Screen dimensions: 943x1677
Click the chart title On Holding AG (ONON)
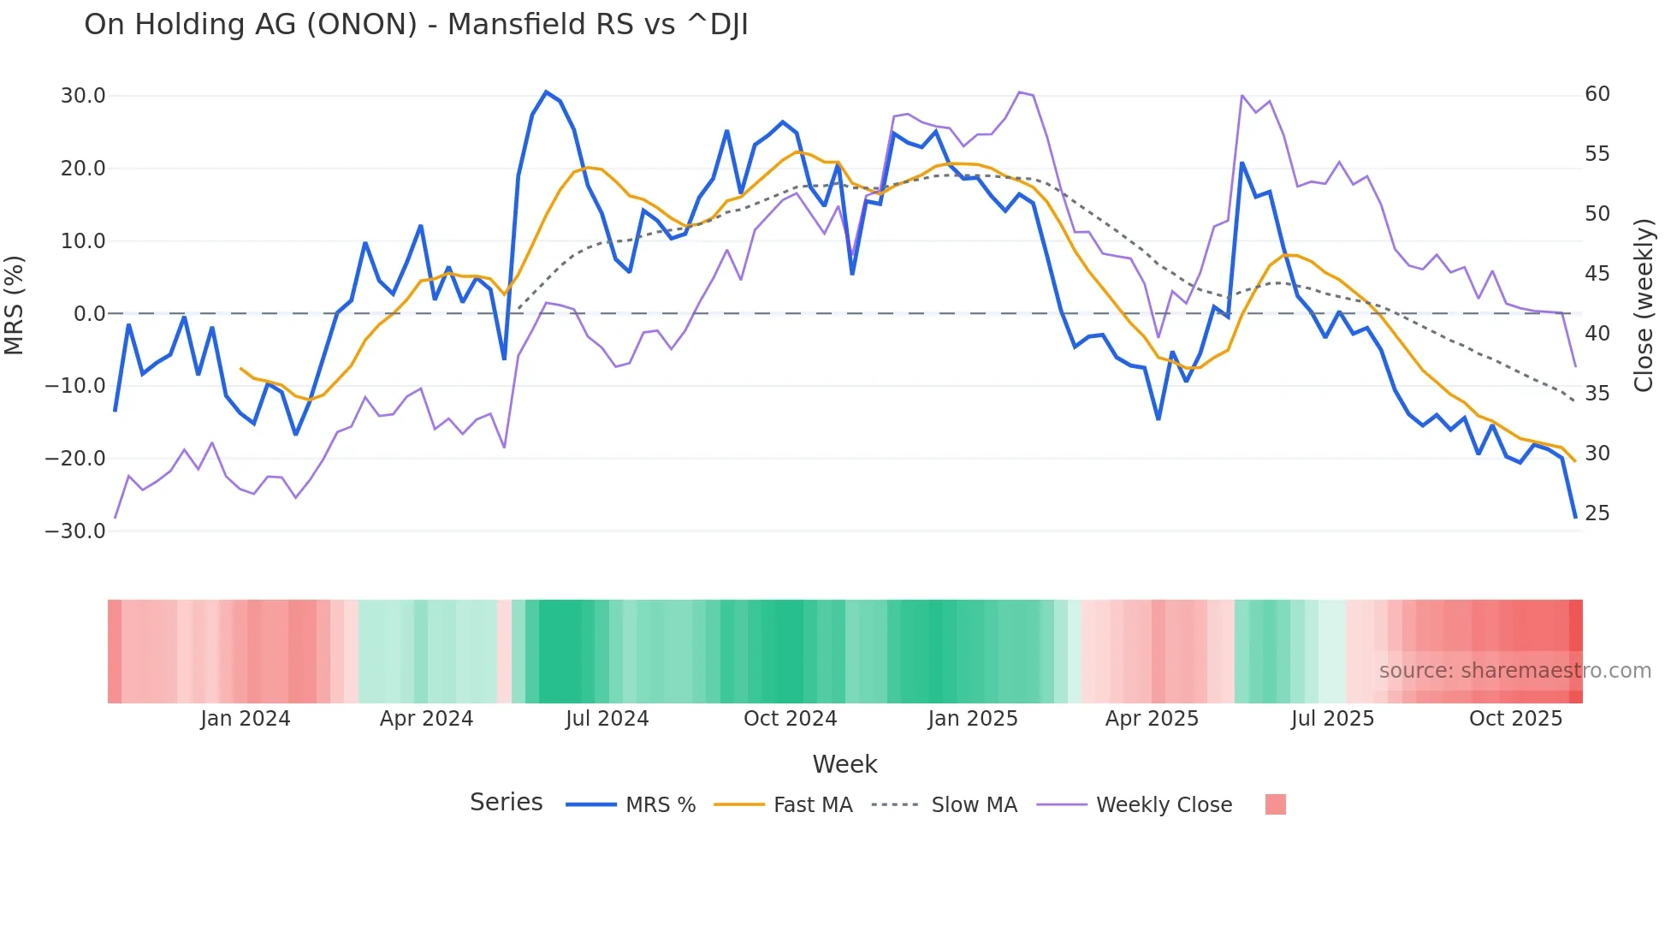[x=416, y=25]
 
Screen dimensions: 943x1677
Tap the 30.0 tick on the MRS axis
[x=83, y=96]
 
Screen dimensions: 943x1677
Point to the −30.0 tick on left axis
[x=76, y=531]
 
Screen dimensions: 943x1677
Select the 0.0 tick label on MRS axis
[x=90, y=314]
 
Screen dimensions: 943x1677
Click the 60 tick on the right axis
[x=1597, y=94]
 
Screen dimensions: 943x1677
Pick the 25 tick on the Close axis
[x=1597, y=513]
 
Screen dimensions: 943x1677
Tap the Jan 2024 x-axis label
[x=246, y=719]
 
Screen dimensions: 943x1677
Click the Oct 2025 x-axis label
[x=1515, y=719]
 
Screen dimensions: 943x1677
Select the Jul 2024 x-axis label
[x=607, y=719]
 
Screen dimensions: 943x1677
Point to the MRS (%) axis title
[x=15, y=305]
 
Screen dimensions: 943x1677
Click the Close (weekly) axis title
[x=1644, y=305]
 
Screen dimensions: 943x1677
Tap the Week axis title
[x=844, y=764]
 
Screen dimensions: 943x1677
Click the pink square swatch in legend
[x=1275, y=804]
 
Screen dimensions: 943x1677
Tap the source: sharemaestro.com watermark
[x=1514, y=671]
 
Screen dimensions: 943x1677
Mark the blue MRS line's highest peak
[x=546, y=92]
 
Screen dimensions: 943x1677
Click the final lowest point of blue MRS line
[x=1575, y=517]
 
